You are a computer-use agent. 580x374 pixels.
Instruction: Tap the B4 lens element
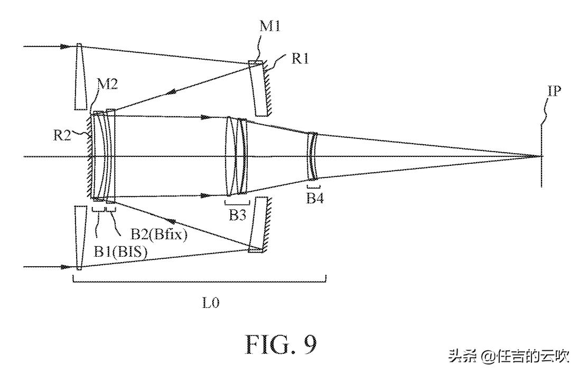point(312,157)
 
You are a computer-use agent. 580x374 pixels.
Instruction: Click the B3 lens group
point(236,156)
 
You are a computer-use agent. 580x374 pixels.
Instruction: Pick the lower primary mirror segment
point(257,224)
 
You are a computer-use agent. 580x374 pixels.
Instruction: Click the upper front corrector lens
point(80,77)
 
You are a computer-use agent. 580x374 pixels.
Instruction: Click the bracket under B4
point(314,186)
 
